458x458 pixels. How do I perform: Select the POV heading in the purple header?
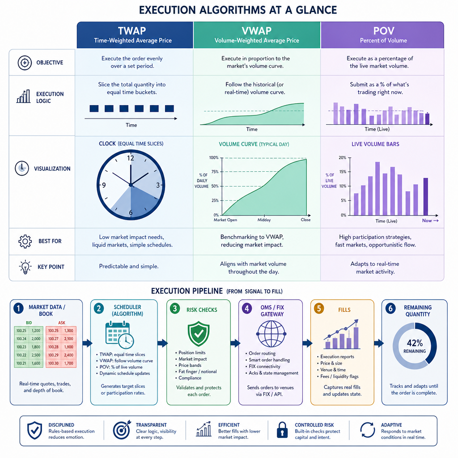point(383,31)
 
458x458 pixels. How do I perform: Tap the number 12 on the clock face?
point(131,158)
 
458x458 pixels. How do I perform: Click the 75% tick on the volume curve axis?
point(215,172)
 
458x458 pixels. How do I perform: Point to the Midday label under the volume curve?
point(264,220)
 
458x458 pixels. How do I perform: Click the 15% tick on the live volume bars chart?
point(343,172)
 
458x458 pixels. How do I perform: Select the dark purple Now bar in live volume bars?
point(426,197)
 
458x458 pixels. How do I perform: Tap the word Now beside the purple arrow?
point(427,221)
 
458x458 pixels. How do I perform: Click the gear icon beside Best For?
point(25,241)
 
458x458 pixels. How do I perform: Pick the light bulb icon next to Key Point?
point(25,267)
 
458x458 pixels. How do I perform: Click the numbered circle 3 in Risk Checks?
point(175,309)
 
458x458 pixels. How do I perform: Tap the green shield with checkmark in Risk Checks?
point(199,334)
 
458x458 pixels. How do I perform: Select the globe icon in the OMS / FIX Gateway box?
point(271,334)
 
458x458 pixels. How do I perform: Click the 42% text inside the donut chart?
point(415,343)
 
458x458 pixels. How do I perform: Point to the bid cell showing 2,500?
point(36,355)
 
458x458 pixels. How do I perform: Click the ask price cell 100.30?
point(54,363)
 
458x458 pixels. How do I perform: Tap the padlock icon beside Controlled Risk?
point(282,430)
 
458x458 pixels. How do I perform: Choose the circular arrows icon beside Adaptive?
point(368,430)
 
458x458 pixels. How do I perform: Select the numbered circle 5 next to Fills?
point(319,309)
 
